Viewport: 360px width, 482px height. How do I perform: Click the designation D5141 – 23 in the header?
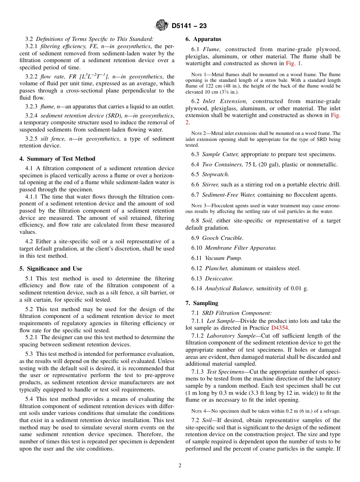(189, 26)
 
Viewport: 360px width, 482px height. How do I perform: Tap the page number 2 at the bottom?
(180, 465)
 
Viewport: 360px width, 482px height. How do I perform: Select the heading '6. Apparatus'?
(203, 39)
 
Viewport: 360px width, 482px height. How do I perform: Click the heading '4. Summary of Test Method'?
(57, 159)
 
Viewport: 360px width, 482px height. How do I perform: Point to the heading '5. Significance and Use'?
(50, 269)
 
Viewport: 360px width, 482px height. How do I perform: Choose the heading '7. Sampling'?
(202, 303)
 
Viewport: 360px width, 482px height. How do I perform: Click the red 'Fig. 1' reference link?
(294, 63)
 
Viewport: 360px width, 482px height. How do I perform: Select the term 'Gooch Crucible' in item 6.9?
(222, 238)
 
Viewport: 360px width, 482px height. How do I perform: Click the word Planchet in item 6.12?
(216, 268)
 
